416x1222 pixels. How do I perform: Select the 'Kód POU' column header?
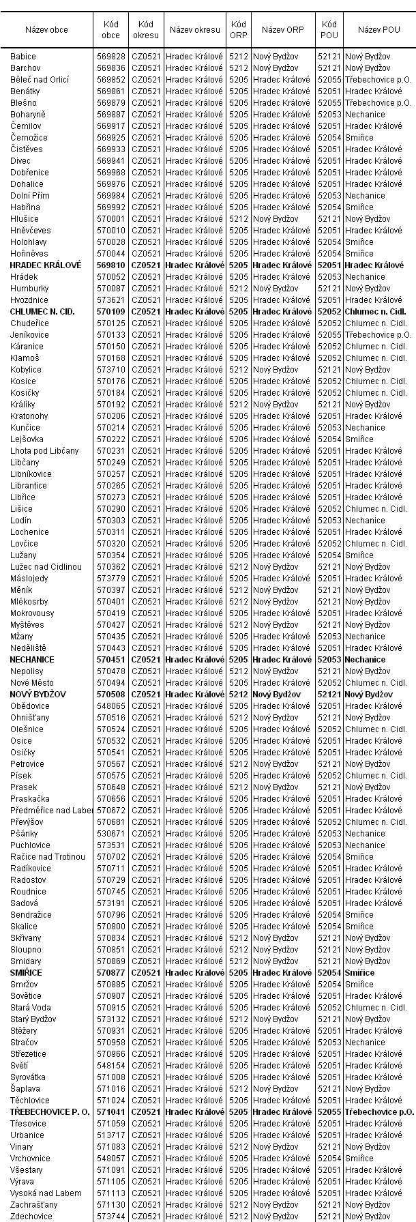[x=328, y=29]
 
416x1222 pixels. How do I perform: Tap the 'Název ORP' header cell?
[x=282, y=29]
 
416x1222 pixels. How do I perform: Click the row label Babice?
[x=23, y=57]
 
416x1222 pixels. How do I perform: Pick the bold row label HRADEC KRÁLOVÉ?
[x=46, y=265]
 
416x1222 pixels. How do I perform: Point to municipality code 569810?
[x=110, y=265]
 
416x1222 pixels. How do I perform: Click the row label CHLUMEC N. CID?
[x=42, y=312]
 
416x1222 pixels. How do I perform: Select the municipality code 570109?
[x=110, y=312]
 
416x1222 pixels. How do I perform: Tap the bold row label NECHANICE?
[x=32, y=660]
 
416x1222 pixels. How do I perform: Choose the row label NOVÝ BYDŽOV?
[x=38, y=695]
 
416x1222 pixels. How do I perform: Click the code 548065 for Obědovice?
[x=110, y=706]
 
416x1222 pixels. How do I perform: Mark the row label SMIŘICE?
[x=26, y=973]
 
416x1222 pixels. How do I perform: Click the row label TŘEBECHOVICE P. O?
[x=50, y=1112]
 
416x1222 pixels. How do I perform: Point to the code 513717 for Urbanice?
[x=110, y=1135]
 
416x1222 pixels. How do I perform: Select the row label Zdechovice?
[x=31, y=1217]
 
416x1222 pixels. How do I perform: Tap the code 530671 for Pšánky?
[x=110, y=834]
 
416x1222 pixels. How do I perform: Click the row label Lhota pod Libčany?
[x=44, y=451]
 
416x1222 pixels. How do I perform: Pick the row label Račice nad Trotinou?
[x=48, y=857]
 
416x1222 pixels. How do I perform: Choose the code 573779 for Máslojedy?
[x=110, y=579]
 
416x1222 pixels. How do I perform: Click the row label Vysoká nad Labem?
[x=46, y=1193]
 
